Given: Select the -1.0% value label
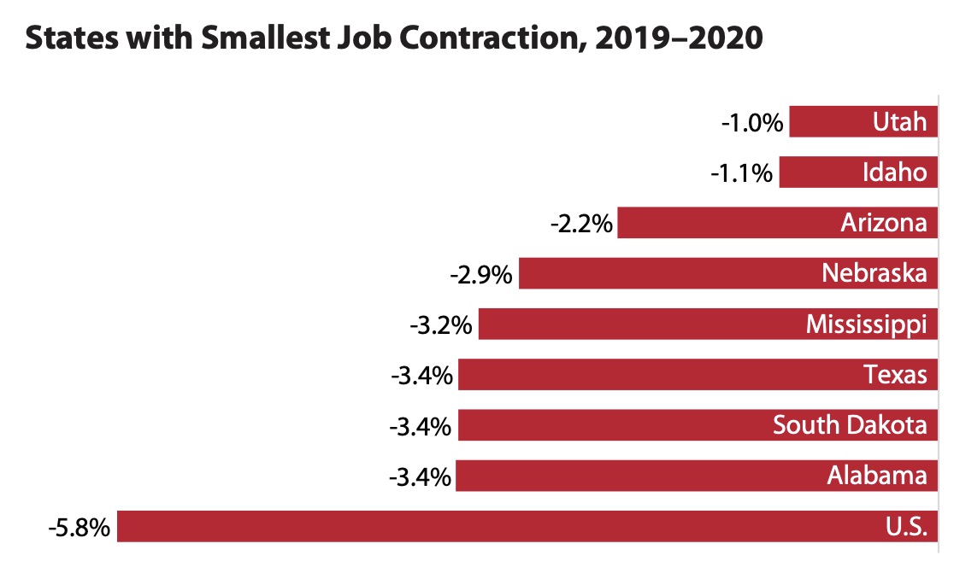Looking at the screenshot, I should pos(752,123).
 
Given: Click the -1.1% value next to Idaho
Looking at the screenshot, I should pos(742,173).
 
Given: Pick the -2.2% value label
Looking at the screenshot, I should pos(581,224).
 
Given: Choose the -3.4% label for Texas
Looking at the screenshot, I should pos(421,375).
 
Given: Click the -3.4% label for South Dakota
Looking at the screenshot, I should pos(421,425).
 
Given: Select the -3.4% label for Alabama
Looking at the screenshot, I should pos(419,476).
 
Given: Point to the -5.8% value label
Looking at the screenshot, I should pos(79,528).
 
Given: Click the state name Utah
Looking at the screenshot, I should pos(899,122).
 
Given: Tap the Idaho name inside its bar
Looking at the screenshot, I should pos(894,172).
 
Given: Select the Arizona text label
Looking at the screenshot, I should pos(883,223).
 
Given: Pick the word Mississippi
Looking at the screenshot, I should pos(866,325).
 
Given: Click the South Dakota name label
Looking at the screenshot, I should pos(850,424).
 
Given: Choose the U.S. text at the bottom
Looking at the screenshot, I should pos(906,527).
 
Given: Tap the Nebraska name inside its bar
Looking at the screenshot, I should pos(874,273).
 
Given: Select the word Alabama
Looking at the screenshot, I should pos(876,475).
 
